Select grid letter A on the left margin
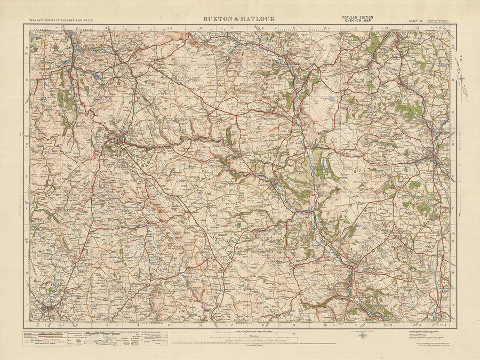point(27,47)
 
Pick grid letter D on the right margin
point(453,143)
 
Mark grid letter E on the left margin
point(27,175)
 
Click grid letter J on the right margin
point(453,306)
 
